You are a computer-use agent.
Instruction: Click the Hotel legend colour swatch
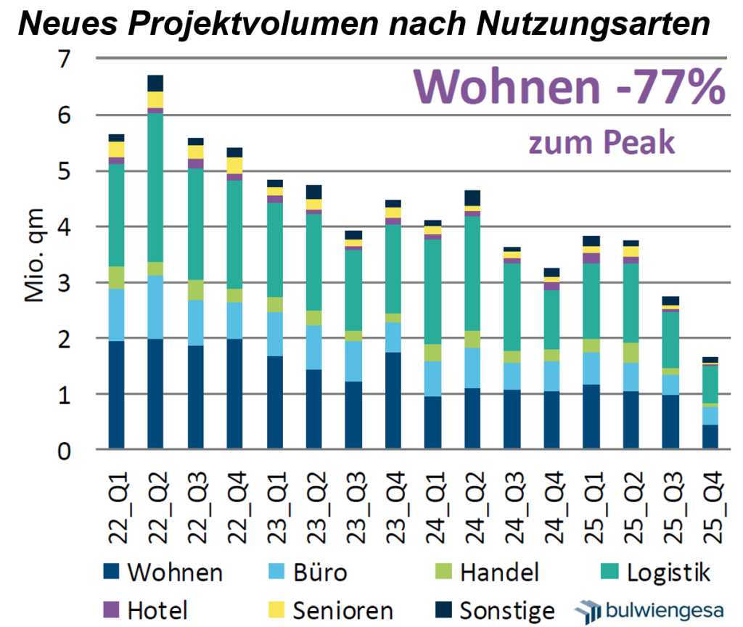point(113,610)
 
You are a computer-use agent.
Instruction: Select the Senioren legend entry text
point(342,610)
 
